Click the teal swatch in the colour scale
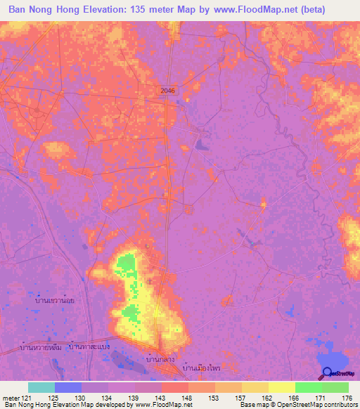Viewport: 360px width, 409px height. click(41, 387)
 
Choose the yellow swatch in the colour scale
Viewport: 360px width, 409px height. click(282, 387)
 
